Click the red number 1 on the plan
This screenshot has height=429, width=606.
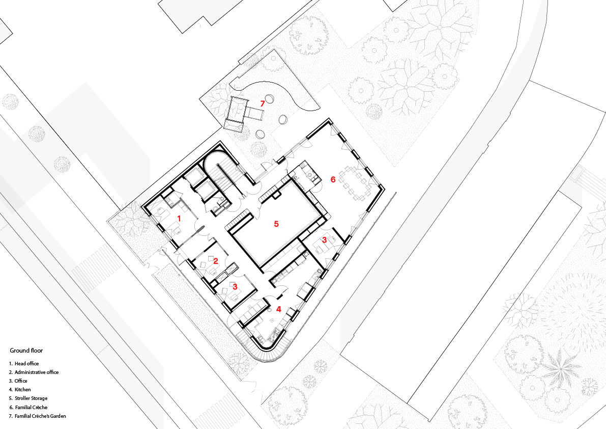click(x=179, y=219)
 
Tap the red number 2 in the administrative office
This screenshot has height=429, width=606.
click(x=216, y=261)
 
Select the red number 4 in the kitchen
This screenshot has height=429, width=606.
click(x=279, y=309)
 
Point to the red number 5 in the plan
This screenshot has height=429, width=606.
click(x=276, y=224)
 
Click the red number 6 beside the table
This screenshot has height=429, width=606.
click(x=333, y=179)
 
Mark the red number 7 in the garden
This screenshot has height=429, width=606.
click(x=263, y=103)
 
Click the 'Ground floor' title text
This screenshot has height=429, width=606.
click(x=26, y=351)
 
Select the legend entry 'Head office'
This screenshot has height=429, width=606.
click(x=26, y=364)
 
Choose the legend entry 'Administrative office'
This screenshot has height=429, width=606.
click(x=37, y=372)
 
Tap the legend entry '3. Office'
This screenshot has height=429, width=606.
click(x=18, y=381)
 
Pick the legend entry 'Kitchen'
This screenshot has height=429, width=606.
click(x=23, y=390)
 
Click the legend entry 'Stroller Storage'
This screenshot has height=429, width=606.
click(x=32, y=398)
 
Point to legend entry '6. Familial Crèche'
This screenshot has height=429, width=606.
click(x=28, y=407)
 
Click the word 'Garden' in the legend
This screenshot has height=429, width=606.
click(x=57, y=416)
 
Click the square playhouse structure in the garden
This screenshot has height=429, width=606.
click(x=236, y=113)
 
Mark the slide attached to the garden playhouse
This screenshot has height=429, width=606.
click(x=255, y=113)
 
